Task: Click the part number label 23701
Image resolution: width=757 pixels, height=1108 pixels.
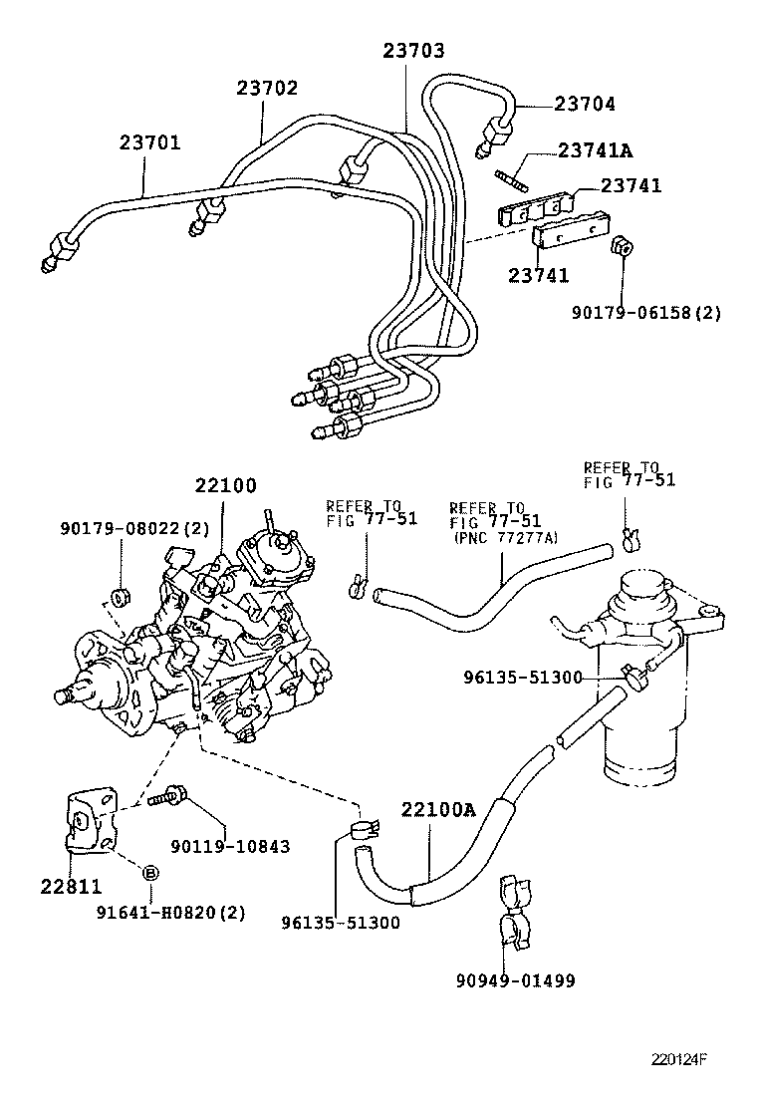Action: click(x=150, y=142)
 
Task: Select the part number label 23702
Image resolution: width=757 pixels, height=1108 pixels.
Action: click(x=267, y=88)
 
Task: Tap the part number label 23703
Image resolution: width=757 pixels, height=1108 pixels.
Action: click(x=413, y=51)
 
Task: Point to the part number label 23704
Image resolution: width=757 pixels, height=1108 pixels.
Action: click(x=585, y=104)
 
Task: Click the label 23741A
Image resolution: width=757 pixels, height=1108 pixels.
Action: click(x=596, y=150)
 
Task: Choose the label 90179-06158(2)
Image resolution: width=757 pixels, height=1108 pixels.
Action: click(x=646, y=313)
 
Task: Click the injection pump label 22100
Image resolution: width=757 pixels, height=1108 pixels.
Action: click(x=225, y=486)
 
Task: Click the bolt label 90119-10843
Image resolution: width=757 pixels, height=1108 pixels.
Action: click(x=230, y=846)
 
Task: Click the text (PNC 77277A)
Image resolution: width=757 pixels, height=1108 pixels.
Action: click(x=506, y=538)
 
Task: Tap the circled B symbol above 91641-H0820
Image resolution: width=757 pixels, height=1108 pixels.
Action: click(x=151, y=873)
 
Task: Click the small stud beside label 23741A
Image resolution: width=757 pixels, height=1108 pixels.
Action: click(x=507, y=178)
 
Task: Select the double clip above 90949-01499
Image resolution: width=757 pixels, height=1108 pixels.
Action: click(x=514, y=910)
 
